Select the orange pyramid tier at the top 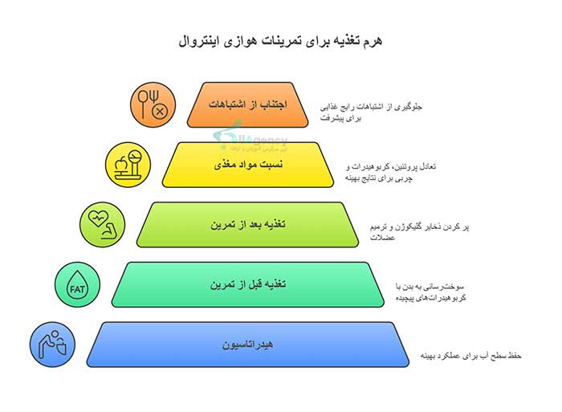point(249,105)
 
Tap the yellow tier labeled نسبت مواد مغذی point(249,165)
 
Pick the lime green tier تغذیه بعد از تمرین point(249,224)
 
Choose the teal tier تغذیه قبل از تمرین point(249,284)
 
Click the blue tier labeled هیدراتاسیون point(249,345)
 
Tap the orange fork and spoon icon point(153,105)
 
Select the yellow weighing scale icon point(128,164)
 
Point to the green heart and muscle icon point(102,224)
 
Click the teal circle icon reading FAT point(77,285)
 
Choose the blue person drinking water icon point(51,345)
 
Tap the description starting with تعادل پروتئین point(391,171)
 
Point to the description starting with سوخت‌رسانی point(432,292)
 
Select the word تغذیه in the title point(341,39)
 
